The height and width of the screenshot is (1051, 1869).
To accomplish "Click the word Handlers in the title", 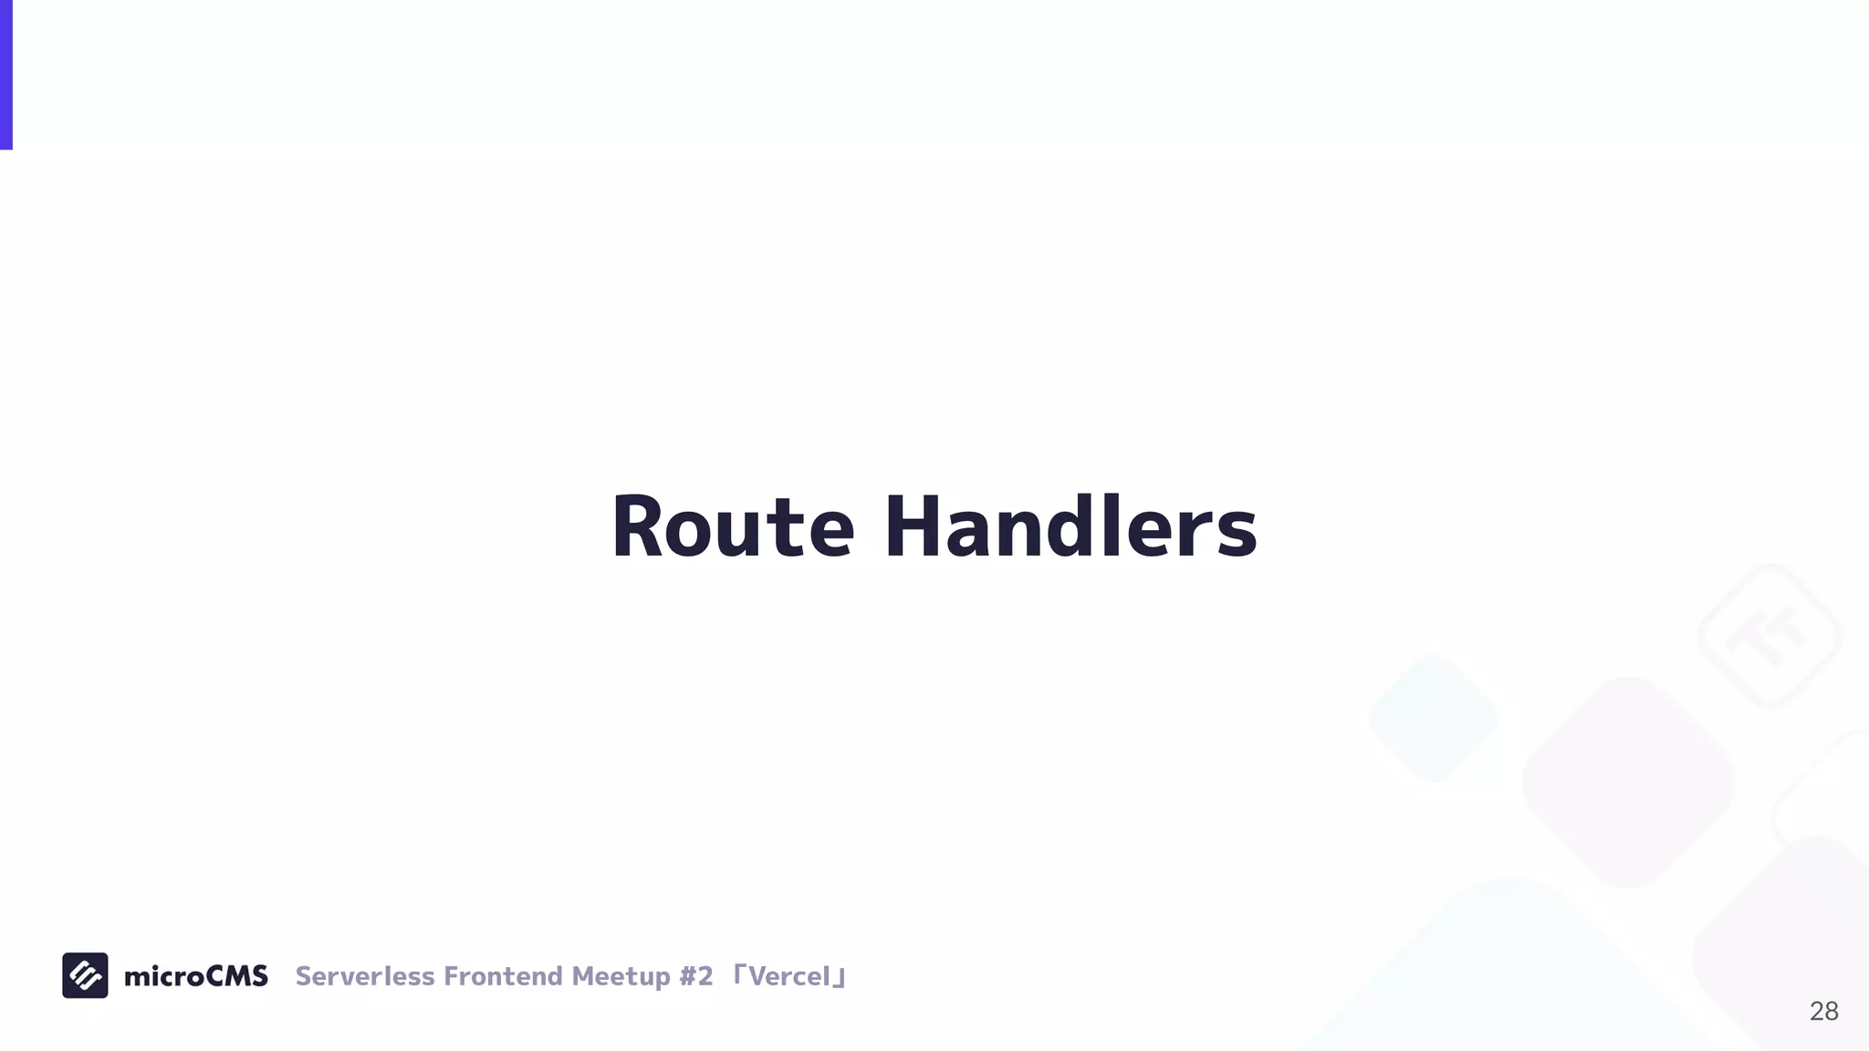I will tap(1070, 527).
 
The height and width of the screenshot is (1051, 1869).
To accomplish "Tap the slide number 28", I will tap(1823, 1011).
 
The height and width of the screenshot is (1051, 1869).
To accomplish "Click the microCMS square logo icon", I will tap(85, 975).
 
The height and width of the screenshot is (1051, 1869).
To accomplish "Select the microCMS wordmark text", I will tap(195, 976).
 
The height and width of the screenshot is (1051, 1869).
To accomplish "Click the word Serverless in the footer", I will tap(365, 976).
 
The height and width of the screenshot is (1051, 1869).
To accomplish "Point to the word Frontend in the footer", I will tap(503, 976).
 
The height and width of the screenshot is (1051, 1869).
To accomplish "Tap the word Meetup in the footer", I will tap(621, 976).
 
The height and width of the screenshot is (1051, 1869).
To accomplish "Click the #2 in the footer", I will tap(695, 976).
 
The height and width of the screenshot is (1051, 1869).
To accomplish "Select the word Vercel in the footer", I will tap(789, 976).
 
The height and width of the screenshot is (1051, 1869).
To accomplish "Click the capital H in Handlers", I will tap(914, 527).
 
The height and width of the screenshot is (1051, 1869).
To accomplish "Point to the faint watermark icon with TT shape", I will tap(1769, 636).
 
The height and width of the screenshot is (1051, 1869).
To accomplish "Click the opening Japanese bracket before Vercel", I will tap(740, 973).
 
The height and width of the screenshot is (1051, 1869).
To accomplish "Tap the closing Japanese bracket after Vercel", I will tap(840, 980).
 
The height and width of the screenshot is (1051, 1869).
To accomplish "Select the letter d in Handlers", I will tap(1073, 527).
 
